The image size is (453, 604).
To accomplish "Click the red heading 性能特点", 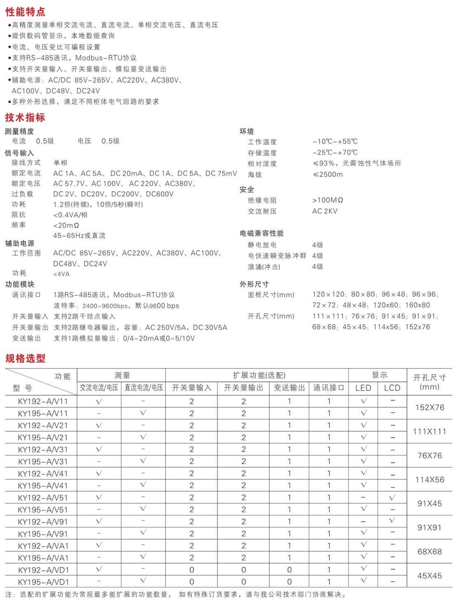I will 25,12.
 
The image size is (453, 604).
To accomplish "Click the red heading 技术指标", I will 25,118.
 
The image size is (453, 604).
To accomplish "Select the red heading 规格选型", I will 25,358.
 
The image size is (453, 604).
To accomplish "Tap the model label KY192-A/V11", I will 43,401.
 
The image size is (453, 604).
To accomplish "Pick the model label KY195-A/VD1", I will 43,582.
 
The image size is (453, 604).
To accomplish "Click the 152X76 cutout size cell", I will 430,407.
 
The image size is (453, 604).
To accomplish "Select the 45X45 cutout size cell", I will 430,576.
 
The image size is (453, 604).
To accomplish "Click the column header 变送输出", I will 290,388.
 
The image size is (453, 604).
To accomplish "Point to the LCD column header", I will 392,388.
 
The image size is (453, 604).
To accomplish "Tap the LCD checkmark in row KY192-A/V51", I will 392,498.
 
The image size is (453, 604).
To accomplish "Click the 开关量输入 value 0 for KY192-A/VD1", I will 191,570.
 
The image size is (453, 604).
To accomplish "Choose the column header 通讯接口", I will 329,388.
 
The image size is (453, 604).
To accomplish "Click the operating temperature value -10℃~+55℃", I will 335,142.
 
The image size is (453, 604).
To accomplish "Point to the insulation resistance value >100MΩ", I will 327,200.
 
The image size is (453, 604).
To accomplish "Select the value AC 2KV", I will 325,211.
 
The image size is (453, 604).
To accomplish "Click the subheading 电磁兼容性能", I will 262,233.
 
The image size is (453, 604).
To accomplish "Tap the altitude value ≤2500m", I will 327,174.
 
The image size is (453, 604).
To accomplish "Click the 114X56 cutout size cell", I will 430,479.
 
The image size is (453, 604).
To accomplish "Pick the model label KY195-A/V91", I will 43,534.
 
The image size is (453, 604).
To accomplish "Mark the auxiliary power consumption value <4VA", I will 61,274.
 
